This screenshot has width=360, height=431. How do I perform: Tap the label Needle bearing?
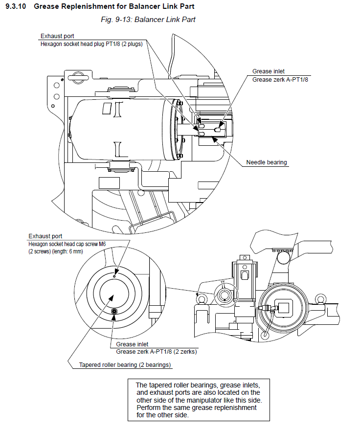point(266,162)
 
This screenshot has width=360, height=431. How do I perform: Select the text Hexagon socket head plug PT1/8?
point(86,44)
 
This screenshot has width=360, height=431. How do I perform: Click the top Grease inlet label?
point(268,71)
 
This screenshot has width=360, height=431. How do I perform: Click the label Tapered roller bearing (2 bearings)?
point(125,365)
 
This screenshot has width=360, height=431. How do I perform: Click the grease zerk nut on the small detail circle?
point(114,311)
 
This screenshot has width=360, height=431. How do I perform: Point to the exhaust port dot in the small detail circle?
point(114,276)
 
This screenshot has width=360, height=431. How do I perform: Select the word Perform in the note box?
point(148,408)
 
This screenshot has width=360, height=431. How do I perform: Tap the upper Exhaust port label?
point(57,36)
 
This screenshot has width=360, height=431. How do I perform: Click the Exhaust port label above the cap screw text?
point(45,236)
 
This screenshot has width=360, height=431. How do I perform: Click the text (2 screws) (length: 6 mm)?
point(56,251)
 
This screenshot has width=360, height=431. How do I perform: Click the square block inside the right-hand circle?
point(283,309)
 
